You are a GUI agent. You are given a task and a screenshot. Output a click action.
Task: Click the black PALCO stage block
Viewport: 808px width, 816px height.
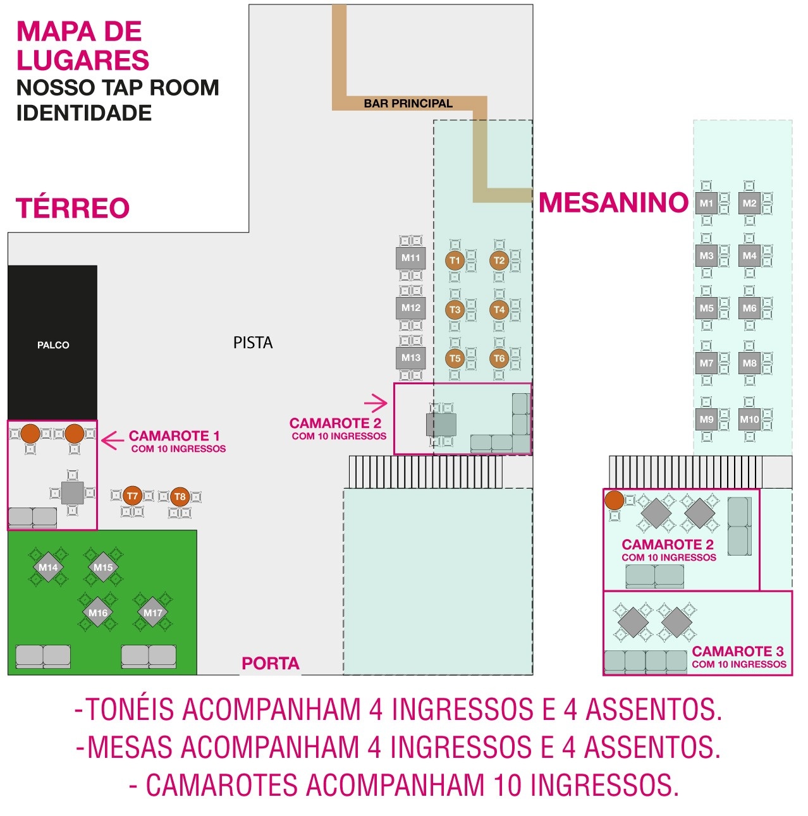tap(52, 342)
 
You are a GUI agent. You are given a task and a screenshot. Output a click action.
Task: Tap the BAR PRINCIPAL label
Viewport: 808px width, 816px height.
tap(408, 103)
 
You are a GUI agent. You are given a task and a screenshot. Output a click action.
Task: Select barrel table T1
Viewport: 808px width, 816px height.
tap(454, 260)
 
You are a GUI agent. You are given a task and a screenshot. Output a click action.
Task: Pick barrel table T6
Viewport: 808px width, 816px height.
tap(499, 358)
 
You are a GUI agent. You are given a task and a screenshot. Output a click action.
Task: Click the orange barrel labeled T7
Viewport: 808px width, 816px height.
tap(132, 496)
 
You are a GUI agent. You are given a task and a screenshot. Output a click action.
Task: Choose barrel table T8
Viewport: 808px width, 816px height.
tap(180, 496)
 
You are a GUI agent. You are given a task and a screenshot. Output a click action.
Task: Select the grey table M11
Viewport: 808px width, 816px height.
tap(410, 257)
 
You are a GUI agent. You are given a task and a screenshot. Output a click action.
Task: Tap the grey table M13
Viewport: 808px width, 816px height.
tap(410, 357)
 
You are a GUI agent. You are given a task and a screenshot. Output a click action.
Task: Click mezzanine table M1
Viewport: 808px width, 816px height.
tap(706, 204)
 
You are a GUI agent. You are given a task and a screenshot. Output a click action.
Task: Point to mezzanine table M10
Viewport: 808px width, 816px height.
tap(749, 419)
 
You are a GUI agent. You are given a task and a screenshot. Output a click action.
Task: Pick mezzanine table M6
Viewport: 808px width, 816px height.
tap(749, 308)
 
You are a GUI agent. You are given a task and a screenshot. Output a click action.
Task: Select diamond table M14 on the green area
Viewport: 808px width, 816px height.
tap(48, 567)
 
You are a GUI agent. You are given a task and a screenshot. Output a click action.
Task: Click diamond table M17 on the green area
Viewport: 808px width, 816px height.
tap(152, 612)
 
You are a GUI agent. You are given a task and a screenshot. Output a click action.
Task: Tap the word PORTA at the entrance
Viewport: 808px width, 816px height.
tap(270, 663)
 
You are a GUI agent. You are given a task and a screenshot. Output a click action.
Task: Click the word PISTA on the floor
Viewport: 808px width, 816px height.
tap(252, 342)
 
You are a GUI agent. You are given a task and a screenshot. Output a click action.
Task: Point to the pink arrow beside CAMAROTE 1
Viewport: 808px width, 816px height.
tap(113, 441)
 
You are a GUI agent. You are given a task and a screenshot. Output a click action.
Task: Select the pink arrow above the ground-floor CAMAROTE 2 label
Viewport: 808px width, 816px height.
tap(376, 403)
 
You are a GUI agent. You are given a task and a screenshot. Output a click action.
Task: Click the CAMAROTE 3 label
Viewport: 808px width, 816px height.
tap(738, 651)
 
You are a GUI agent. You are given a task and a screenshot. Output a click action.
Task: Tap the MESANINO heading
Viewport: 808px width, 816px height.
tap(613, 202)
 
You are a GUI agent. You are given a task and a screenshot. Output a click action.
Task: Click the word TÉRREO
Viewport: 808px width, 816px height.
tap(73, 207)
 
